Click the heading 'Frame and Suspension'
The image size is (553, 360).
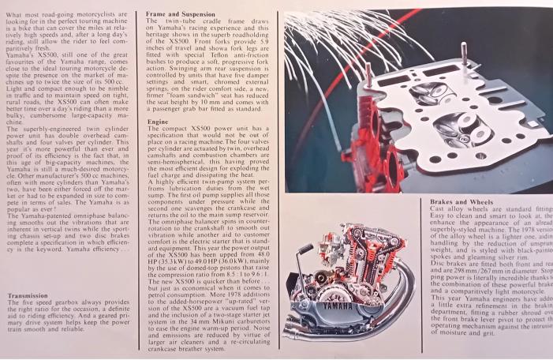[x=179, y=14]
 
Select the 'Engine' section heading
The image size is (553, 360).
[x=157, y=122]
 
